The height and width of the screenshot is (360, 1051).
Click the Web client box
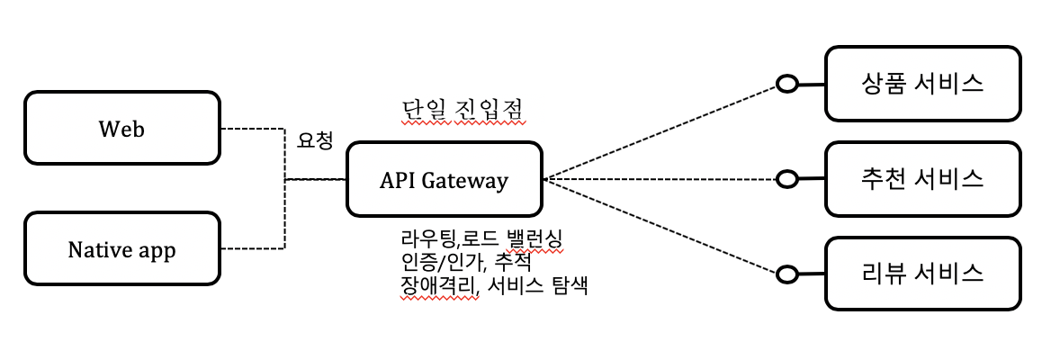click(x=121, y=129)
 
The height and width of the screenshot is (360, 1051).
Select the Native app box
click(x=121, y=249)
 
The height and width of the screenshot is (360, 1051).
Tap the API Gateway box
click(x=444, y=180)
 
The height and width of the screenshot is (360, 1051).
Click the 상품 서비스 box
click(x=922, y=85)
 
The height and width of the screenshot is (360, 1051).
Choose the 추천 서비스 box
click(x=922, y=179)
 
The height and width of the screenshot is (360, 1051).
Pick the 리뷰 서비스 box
click(x=922, y=272)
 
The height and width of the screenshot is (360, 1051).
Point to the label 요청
click(x=315, y=141)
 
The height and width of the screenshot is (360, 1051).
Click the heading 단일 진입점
click(x=463, y=111)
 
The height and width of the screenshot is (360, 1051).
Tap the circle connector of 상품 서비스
click(x=788, y=85)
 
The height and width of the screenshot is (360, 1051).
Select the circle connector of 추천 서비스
click(x=787, y=180)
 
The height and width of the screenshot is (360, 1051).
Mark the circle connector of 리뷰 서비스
click(x=788, y=273)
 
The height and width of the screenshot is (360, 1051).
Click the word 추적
click(x=513, y=264)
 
